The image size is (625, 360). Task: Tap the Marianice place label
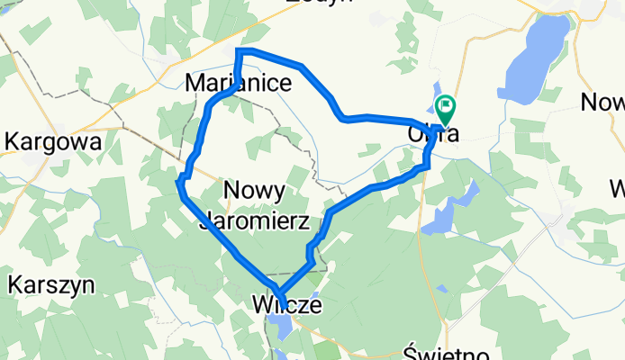(238, 84)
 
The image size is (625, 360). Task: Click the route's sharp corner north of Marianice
(239, 51)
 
